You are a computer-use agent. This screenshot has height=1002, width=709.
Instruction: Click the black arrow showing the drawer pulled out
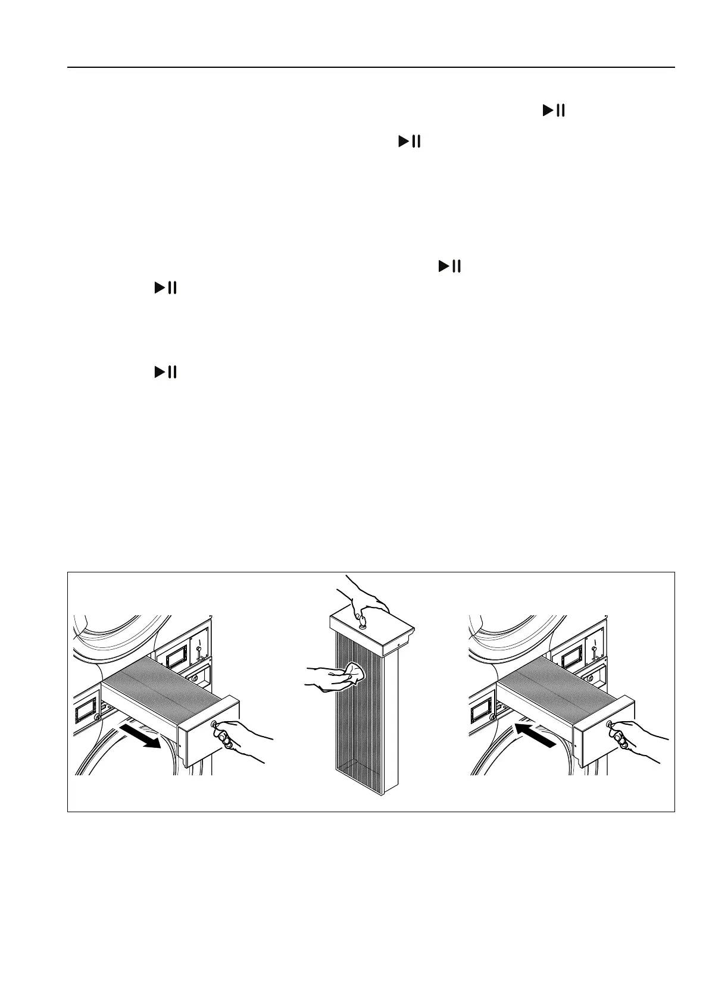point(145,738)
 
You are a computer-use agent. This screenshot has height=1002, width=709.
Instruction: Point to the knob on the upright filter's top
point(361,622)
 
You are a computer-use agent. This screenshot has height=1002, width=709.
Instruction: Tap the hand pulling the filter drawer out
point(241,741)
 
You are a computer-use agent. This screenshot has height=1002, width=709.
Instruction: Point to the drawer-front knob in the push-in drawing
point(610,725)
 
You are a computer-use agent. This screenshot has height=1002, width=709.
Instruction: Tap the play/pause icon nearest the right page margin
point(553,111)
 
